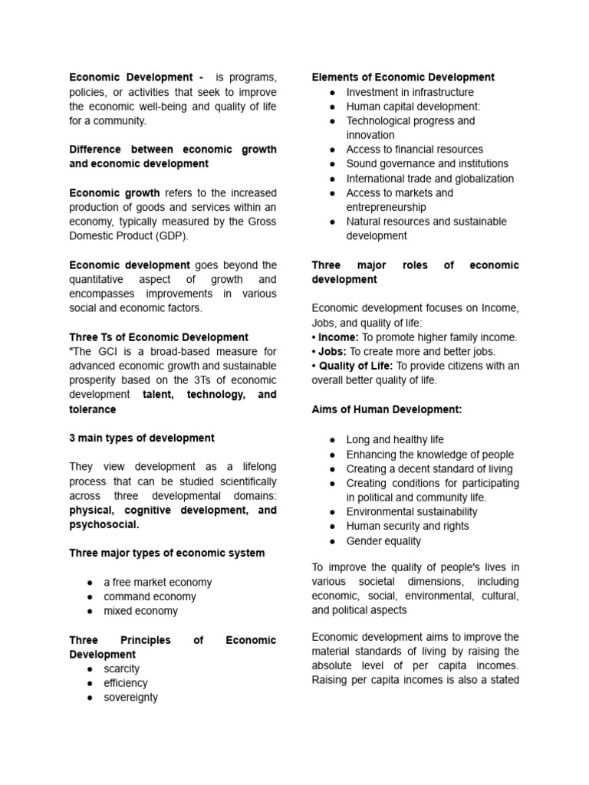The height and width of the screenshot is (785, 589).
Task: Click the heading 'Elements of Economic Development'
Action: click(x=403, y=77)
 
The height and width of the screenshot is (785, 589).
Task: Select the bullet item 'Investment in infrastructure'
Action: click(x=410, y=92)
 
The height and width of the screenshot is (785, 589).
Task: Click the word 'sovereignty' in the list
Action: click(x=130, y=698)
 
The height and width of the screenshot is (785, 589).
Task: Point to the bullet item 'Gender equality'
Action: click(x=383, y=540)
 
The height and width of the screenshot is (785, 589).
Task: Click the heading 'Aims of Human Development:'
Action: click(x=387, y=409)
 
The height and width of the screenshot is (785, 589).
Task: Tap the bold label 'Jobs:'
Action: click(x=333, y=351)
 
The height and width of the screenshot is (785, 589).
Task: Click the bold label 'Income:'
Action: click(x=338, y=337)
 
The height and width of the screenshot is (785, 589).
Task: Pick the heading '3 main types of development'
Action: click(x=142, y=438)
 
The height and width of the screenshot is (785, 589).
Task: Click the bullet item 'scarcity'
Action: click(x=122, y=668)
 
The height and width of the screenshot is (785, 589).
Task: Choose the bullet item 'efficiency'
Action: click(x=126, y=683)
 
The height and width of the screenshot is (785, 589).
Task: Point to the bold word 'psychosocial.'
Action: click(x=104, y=525)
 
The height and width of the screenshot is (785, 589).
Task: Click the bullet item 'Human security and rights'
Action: click(x=407, y=526)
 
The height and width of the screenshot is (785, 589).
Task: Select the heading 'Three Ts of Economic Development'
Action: click(x=159, y=337)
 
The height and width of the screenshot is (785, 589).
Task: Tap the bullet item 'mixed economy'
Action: click(x=140, y=611)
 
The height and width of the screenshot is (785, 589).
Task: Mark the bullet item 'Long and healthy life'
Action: click(x=395, y=439)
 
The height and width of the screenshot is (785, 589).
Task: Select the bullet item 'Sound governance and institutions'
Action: click(x=427, y=164)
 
